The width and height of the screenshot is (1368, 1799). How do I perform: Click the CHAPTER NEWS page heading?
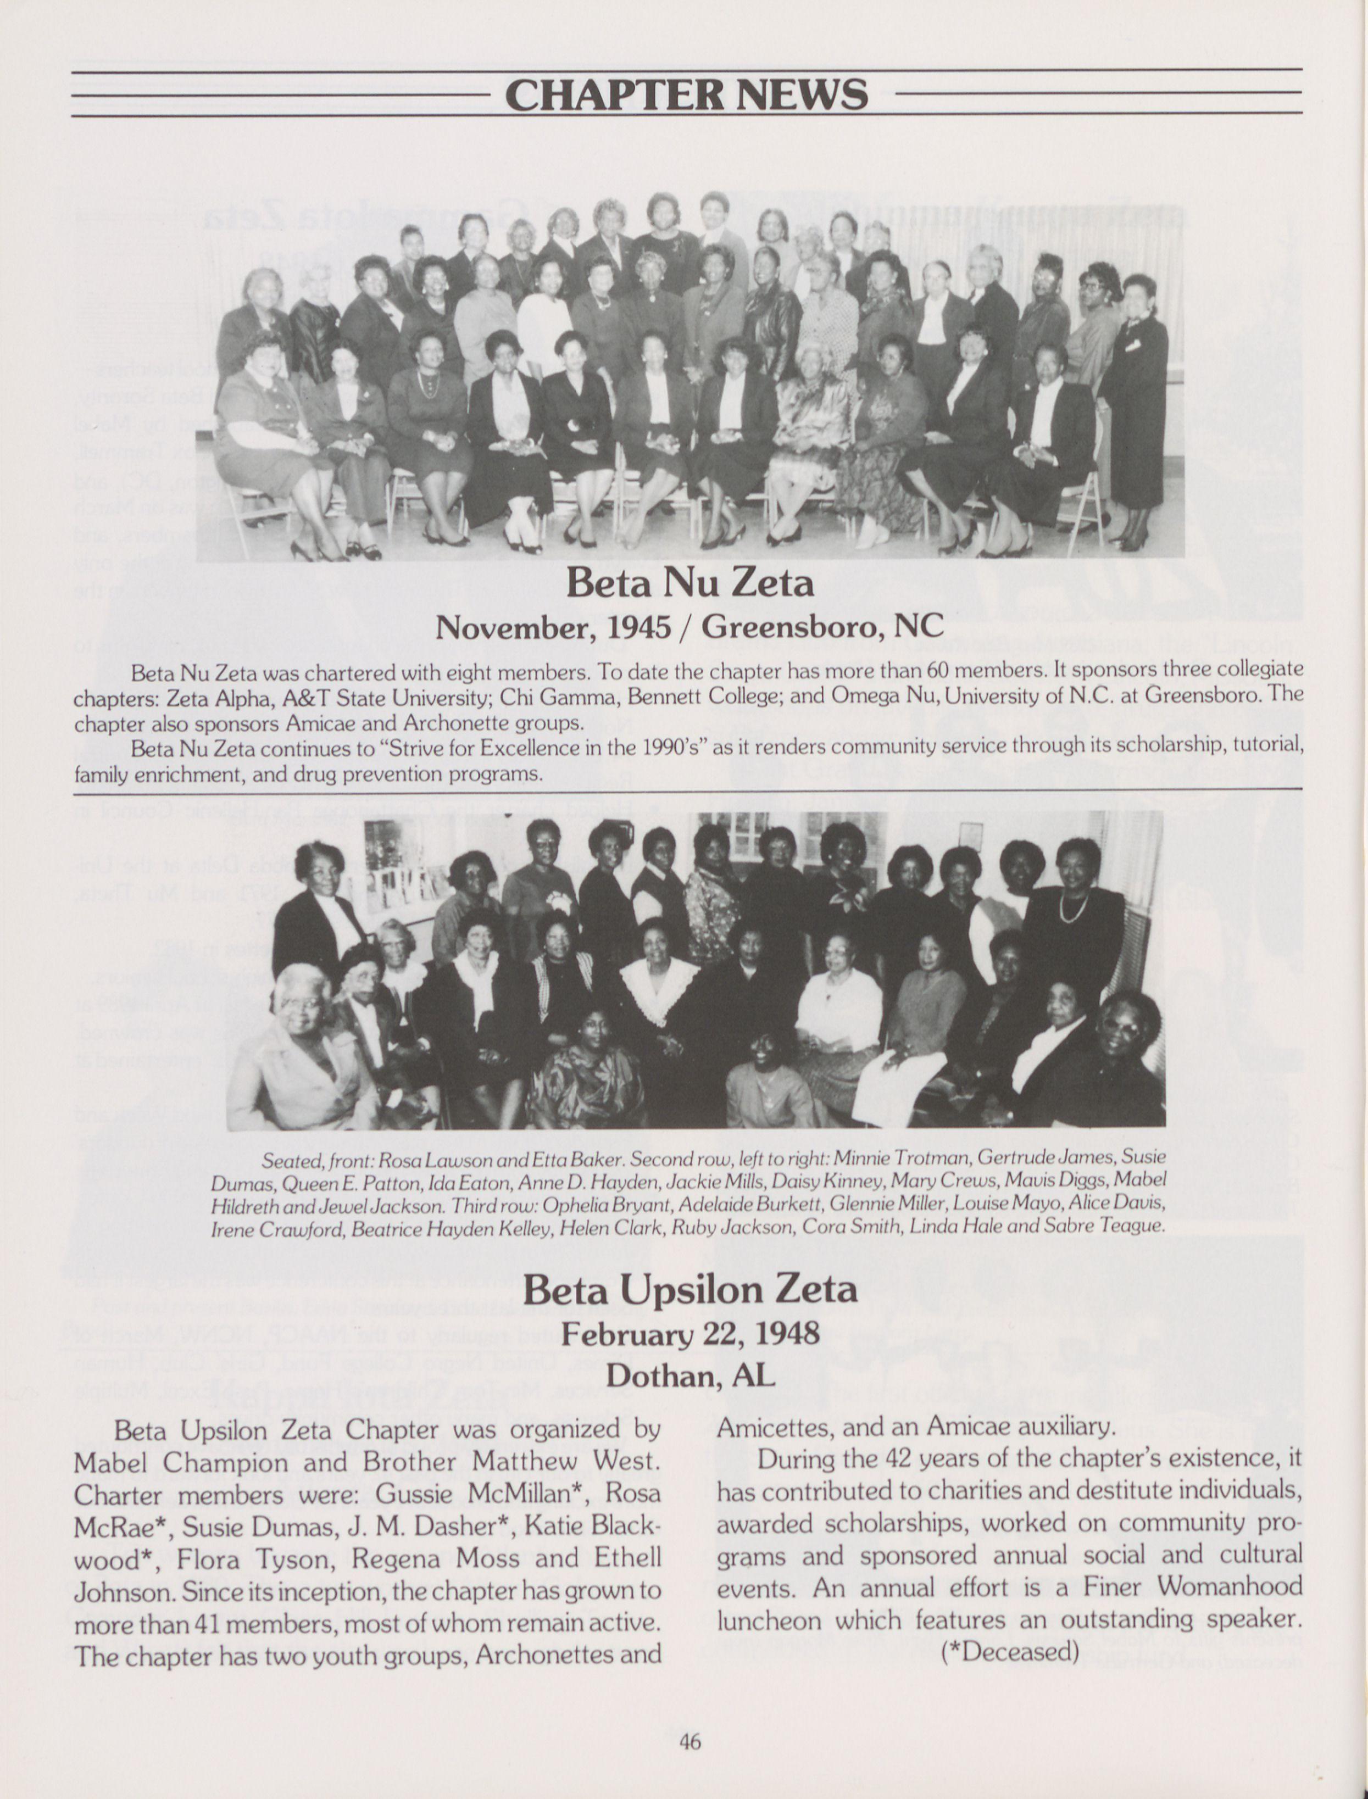tap(686, 94)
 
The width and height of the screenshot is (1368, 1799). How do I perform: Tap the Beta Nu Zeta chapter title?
tap(689, 583)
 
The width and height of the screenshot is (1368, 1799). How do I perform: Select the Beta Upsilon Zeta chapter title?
tap(689, 1289)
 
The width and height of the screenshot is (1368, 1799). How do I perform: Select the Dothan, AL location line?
tap(689, 1375)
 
